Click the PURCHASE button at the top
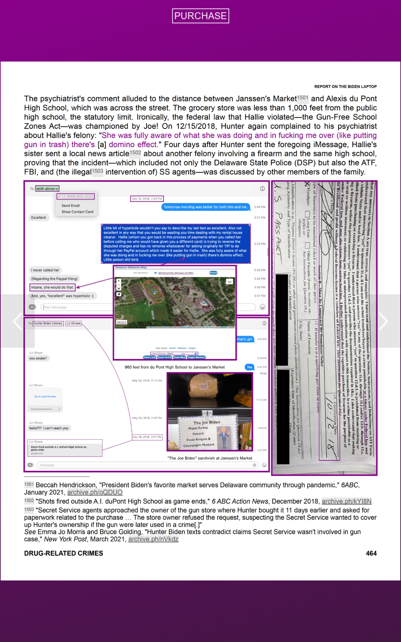(200, 16)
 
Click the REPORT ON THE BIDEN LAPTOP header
(345, 87)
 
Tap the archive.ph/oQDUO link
(95, 492)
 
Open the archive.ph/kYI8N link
(347, 501)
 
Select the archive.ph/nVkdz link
(153, 539)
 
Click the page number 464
(371, 553)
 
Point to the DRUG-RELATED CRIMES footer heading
(63, 553)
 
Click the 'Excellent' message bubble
(39, 218)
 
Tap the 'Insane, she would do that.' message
(52, 287)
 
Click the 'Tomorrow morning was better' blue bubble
(206, 207)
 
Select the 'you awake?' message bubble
(38, 358)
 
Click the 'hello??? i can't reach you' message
(49, 428)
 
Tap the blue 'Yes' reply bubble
(249, 367)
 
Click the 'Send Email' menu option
(71, 206)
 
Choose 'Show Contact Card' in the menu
(77, 212)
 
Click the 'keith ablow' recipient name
(47, 189)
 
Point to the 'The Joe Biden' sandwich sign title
(207, 422)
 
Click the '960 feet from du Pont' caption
(174, 367)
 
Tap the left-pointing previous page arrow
(17, 321)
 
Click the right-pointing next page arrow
(383, 321)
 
